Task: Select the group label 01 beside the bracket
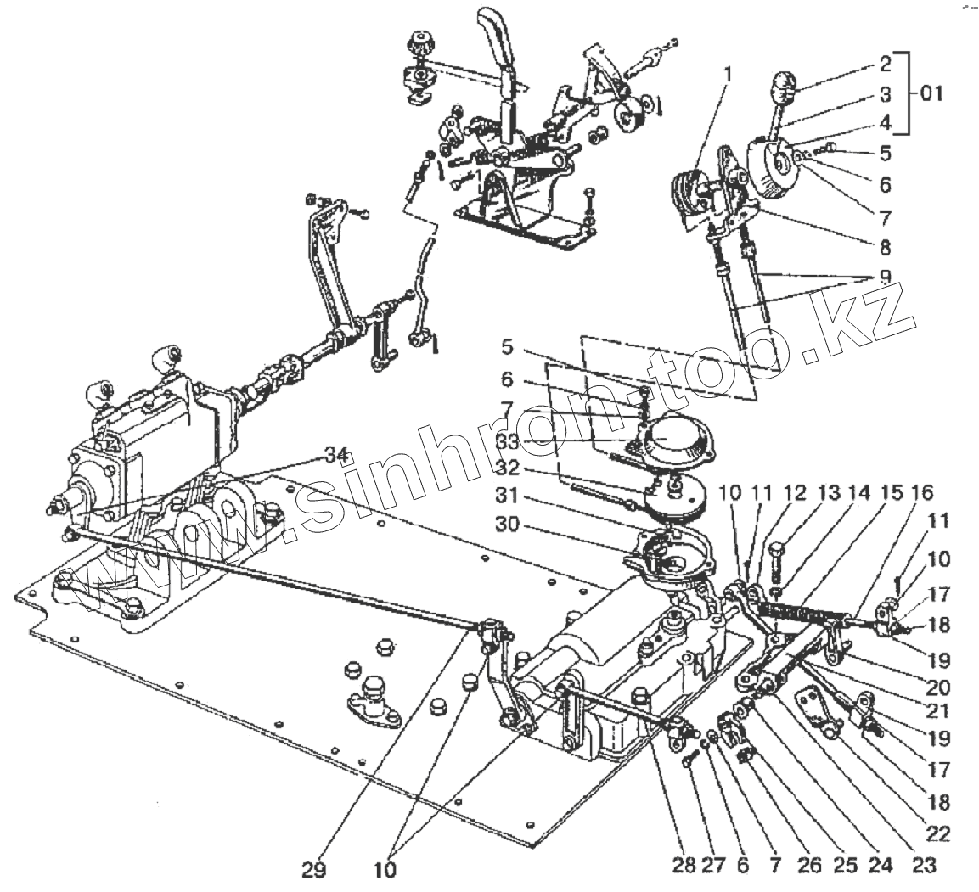point(931,93)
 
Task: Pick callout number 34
point(337,457)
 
